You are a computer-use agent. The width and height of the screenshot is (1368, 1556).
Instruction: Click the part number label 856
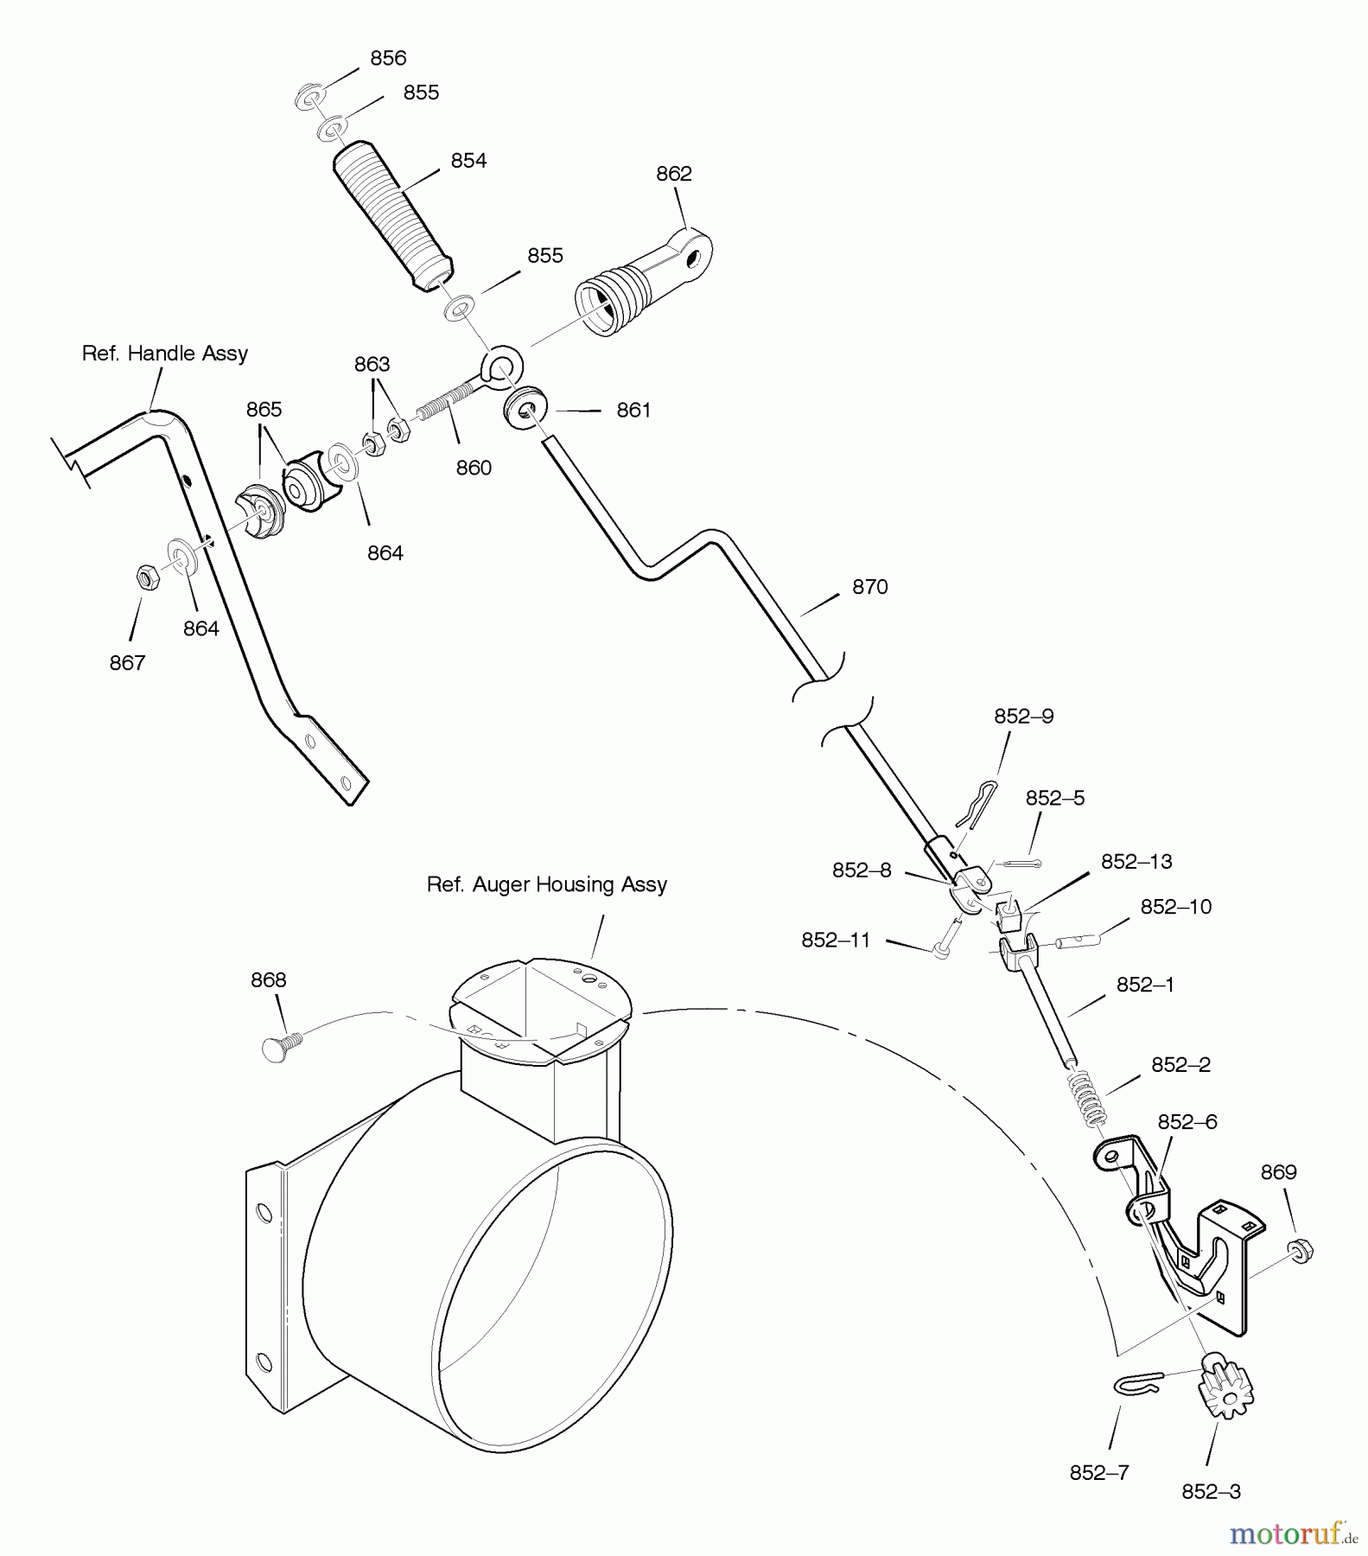pyautogui.click(x=388, y=58)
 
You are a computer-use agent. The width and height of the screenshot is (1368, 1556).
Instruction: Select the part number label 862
pyautogui.click(x=674, y=174)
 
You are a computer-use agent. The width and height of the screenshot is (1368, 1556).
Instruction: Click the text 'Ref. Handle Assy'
pyautogui.click(x=164, y=353)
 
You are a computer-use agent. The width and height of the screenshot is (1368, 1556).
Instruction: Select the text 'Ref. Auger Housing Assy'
pyautogui.click(x=547, y=884)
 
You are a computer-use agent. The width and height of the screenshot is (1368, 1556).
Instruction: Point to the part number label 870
pyautogui.click(x=869, y=586)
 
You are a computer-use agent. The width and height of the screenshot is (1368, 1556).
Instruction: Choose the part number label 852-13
pyautogui.click(x=1136, y=861)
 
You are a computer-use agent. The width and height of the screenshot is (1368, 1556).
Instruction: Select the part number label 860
pyautogui.click(x=474, y=468)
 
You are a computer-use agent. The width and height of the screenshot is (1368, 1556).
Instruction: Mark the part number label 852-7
pyautogui.click(x=1099, y=1472)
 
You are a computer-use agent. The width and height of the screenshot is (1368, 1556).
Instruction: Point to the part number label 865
pyautogui.click(x=264, y=409)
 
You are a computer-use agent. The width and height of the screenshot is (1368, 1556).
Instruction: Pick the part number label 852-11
pyautogui.click(x=837, y=940)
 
